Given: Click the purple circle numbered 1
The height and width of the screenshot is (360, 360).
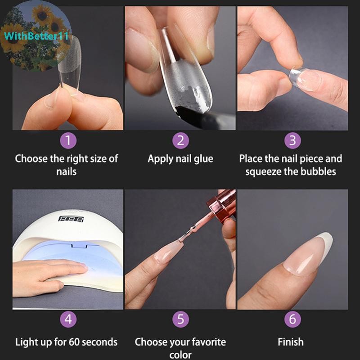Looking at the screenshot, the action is pyautogui.click(x=68, y=140).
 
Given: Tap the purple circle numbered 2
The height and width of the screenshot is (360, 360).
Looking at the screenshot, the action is pyautogui.click(x=181, y=140).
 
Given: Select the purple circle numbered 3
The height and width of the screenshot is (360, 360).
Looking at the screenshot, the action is pyautogui.click(x=292, y=140).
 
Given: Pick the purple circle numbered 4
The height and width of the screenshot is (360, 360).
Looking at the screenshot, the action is pyautogui.click(x=68, y=319).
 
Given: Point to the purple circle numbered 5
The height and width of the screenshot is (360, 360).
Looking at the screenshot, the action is pyautogui.click(x=181, y=319).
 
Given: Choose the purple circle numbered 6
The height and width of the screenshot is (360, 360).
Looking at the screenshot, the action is pyautogui.click(x=292, y=319).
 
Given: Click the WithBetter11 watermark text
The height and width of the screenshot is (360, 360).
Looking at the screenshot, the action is pyautogui.click(x=36, y=36).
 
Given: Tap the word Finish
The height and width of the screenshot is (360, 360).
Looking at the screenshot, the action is pyautogui.click(x=291, y=342).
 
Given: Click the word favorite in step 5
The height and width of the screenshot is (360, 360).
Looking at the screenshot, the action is pyautogui.click(x=209, y=342).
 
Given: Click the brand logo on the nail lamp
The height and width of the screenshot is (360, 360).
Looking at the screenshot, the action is pyautogui.click(x=71, y=219).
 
